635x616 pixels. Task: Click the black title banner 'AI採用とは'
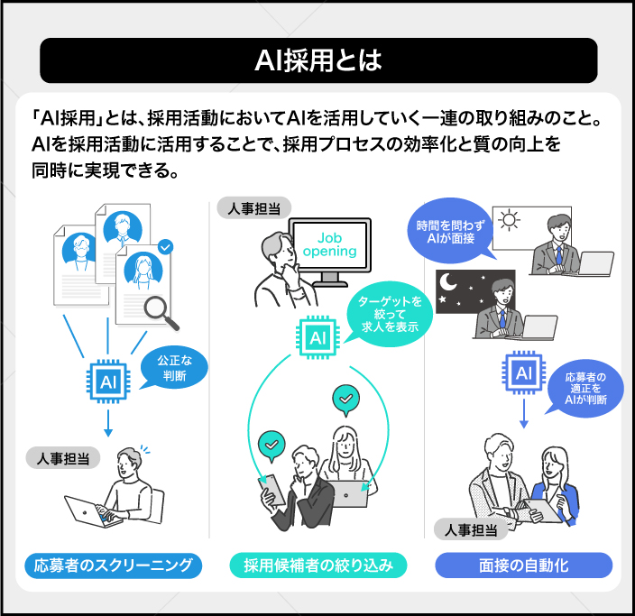318,60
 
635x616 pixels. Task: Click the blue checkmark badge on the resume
164,245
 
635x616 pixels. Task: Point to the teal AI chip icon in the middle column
317,338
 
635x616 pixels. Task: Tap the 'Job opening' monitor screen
329,244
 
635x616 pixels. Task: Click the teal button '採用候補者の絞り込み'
317,566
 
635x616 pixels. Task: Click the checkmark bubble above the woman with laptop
345,397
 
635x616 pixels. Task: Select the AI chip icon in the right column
524,372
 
